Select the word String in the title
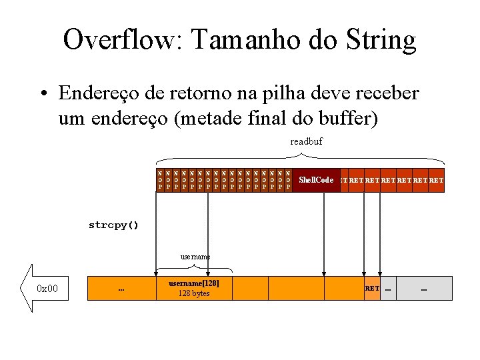pos(379,41)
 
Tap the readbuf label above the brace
pos(306,141)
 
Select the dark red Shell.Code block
pos(316,180)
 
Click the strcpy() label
pos(113,225)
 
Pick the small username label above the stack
pos(195,256)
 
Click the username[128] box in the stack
pos(194,288)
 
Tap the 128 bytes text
pos(194,293)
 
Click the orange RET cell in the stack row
pos(372,288)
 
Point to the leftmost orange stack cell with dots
pos(121,289)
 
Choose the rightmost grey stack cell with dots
pos(424,289)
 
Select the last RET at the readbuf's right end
pos(437,180)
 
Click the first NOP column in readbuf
pos(160,180)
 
